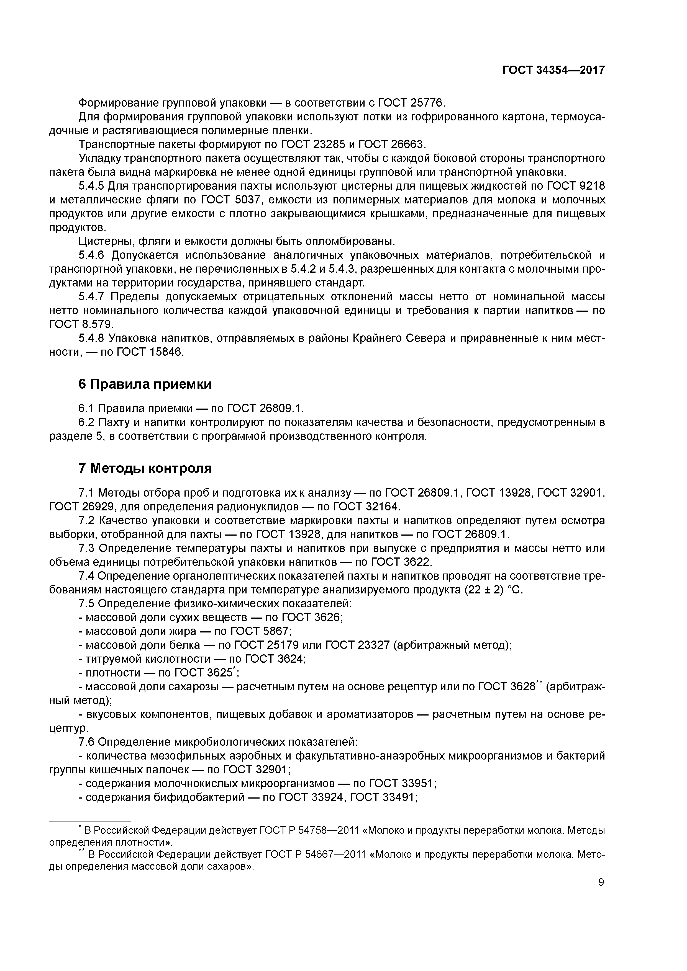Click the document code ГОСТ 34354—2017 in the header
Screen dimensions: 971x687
[x=553, y=70]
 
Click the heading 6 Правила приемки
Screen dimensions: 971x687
[x=145, y=384]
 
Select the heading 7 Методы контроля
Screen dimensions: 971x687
[x=145, y=468]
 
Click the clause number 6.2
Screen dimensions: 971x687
[x=87, y=422]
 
